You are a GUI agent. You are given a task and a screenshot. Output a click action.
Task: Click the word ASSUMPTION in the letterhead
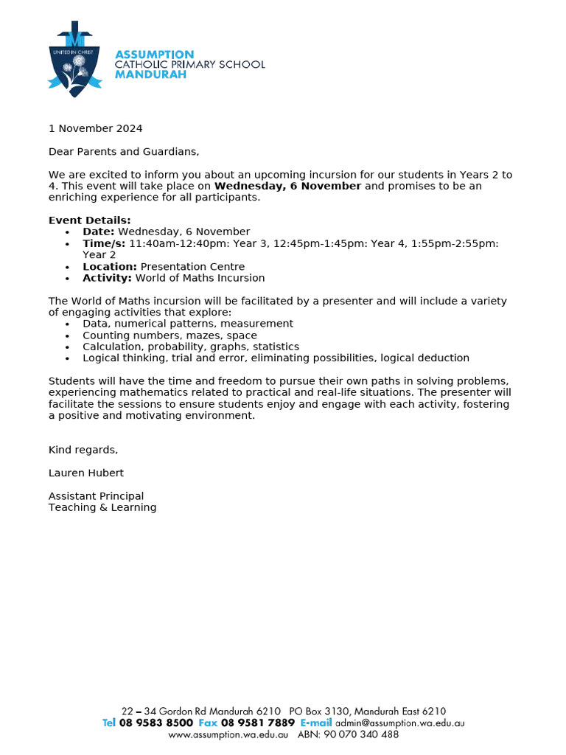(155, 55)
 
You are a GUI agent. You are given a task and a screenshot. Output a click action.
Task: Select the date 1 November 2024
(96, 128)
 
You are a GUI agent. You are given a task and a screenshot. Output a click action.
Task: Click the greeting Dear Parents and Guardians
(124, 152)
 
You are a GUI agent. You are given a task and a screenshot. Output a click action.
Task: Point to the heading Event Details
(90, 220)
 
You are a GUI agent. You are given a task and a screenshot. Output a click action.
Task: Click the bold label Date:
(99, 232)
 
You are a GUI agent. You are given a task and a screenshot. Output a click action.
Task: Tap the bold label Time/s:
(104, 243)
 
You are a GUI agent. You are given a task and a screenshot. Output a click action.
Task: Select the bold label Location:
(110, 267)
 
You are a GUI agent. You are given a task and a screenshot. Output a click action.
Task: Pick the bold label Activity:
(108, 278)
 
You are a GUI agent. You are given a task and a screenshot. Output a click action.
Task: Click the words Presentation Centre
(192, 267)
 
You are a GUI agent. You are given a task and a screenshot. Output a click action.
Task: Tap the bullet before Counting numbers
(68, 336)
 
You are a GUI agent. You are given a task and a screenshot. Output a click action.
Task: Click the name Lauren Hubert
(87, 473)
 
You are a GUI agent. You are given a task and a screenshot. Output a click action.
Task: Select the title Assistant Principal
(97, 496)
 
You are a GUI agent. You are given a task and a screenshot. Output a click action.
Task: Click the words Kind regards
(83, 450)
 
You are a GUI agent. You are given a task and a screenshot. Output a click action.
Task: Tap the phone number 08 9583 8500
(156, 723)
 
